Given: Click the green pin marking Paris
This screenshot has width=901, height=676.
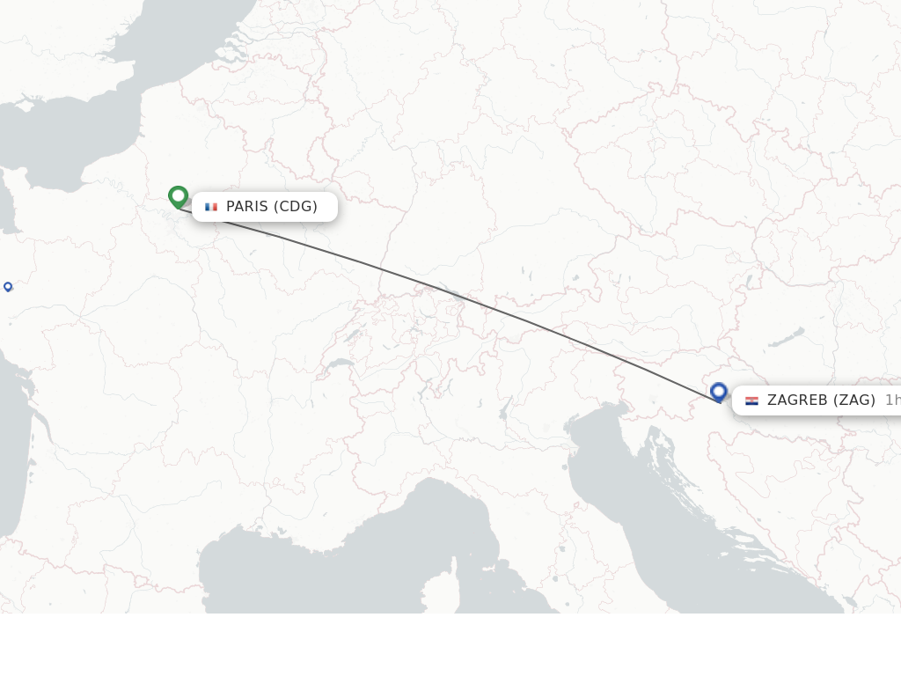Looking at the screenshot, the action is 179,196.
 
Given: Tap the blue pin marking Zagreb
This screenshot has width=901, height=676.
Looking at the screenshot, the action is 719,392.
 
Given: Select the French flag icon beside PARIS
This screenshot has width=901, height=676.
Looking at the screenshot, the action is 211,207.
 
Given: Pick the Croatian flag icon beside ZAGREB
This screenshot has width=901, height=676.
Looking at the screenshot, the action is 751,400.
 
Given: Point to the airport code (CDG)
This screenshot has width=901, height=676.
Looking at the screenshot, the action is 296,207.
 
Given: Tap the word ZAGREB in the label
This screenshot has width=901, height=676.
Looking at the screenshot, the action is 797,400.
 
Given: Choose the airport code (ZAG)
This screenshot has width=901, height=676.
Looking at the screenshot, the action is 854,400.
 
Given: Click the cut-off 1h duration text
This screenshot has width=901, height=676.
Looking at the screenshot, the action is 892,400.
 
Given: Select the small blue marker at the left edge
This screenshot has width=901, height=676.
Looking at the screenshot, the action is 8,286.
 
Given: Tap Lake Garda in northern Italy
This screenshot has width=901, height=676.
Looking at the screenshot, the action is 504,408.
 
